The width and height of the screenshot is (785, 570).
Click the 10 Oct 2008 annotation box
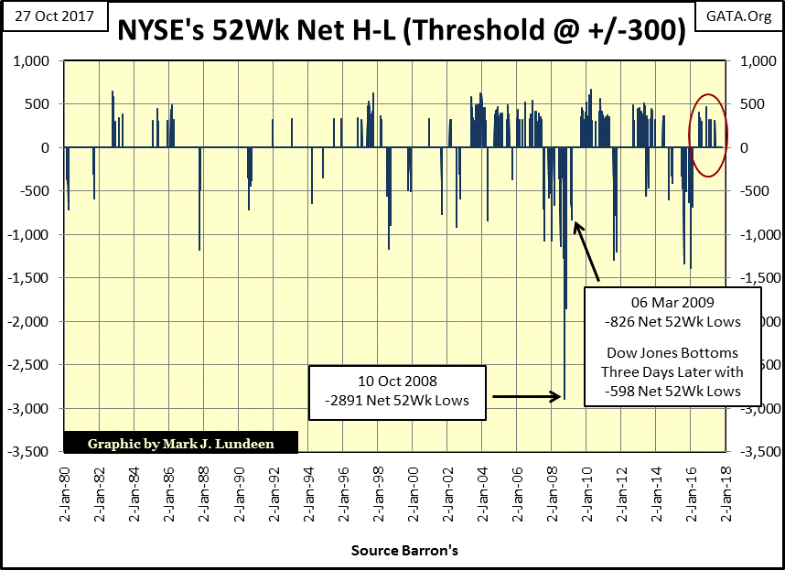click(396, 392)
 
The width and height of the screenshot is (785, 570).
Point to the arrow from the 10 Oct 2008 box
click(526, 396)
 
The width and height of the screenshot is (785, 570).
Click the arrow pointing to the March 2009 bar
click(586, 250)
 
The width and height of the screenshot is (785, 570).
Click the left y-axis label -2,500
click(32, 365)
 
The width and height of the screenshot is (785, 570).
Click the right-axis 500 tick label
click(742, 104)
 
